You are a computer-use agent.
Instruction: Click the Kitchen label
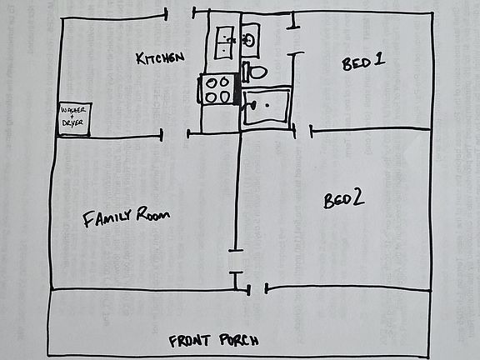160,57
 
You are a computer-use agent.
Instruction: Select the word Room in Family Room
153,213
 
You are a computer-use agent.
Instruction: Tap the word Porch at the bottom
239,340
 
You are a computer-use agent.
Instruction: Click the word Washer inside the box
73,110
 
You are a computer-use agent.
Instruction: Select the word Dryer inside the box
72,123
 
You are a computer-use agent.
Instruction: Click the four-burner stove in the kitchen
217,89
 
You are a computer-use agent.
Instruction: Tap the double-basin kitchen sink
224,42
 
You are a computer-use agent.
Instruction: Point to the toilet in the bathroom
254,72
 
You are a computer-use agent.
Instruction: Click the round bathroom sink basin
248,40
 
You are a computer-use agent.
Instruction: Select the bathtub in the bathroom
266,106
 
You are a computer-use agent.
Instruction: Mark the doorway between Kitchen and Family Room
174,135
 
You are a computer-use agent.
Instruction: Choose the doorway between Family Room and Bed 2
236,261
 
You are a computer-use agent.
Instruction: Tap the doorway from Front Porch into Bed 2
257,288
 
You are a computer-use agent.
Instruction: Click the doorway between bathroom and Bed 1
293,40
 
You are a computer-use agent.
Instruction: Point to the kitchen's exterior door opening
180,14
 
